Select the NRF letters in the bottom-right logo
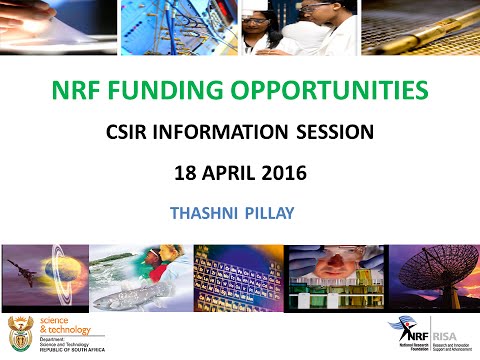[x=413, y=327]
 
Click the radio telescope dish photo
[x=435, y=276]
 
